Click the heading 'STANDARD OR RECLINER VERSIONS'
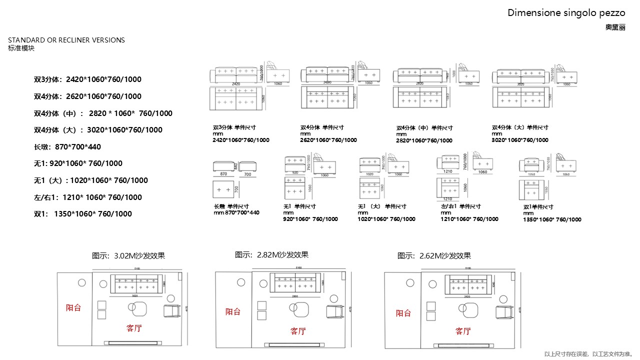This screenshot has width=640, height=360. pos(66,40)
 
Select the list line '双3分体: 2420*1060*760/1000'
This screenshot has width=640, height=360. pos(87,79)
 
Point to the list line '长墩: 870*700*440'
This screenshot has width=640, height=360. pos(67,147)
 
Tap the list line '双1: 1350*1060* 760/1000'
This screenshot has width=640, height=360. pos(83,214)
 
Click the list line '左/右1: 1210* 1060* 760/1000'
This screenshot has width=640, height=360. pos(88,197)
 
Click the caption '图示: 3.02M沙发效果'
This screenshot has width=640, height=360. pos(128,255)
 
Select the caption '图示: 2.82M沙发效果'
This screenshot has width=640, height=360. pos(271,254)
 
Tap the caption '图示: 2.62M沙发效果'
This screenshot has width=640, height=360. pos(434,255)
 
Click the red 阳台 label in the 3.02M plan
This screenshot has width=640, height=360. pos(73,307)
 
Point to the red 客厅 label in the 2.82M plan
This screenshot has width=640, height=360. pos(298,330)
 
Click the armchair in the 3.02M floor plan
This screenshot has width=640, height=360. pos(172,310)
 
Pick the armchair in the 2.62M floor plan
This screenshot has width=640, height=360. pos(504,311)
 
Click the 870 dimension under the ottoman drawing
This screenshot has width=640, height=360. pos(223,174)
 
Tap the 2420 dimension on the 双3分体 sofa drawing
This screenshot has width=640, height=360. pos(235,84)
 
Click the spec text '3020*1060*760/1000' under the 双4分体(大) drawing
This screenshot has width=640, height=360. pos(520,140)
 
